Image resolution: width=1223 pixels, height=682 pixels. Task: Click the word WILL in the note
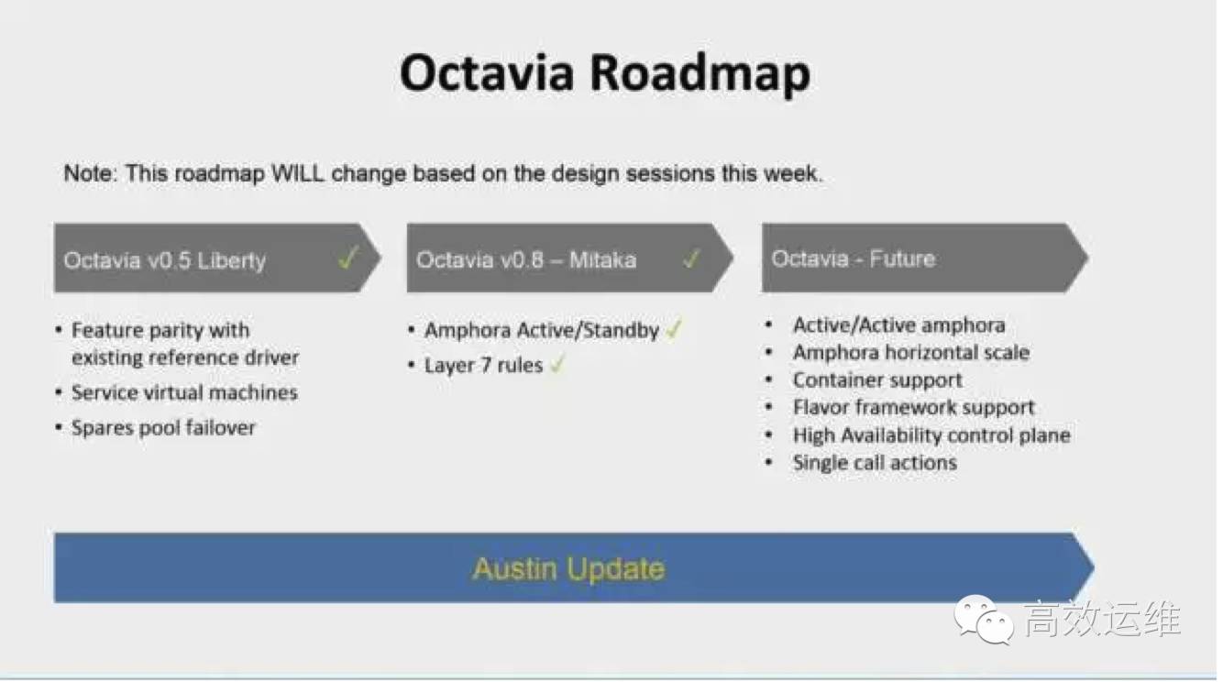pos(298,173)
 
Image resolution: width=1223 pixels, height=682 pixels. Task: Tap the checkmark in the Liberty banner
pos(347,257)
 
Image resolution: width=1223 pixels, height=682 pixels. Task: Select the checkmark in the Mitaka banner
pos(691,258)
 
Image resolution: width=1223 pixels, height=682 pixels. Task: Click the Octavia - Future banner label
pos(854,258)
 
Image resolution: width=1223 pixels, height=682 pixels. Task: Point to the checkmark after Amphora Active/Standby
pos(674,329)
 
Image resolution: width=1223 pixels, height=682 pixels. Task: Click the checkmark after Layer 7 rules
pos(556,364)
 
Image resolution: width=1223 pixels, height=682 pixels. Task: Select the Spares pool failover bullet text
pos(163,428)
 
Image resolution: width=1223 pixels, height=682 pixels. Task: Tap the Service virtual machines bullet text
pos(184,392)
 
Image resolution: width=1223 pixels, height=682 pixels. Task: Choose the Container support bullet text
pos(877,380)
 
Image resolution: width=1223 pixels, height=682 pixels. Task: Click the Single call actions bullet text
pos(875,463)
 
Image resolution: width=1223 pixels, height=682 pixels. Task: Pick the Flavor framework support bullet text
pos(913,408)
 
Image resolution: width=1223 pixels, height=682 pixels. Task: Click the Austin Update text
pos(568,569)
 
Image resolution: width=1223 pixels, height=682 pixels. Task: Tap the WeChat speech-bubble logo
pos(984,619)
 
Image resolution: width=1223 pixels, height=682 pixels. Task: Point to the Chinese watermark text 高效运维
pos(1102,619)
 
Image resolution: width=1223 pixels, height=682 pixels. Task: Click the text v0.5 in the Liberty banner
pos(170,260)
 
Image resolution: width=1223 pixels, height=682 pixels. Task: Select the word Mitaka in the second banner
pos(602,260)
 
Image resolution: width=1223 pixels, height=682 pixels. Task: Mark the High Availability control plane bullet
pos(931,435)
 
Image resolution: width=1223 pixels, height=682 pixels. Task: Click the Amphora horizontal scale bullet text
pos(911,353)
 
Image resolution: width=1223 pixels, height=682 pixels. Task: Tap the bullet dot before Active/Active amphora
pos(769,324)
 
